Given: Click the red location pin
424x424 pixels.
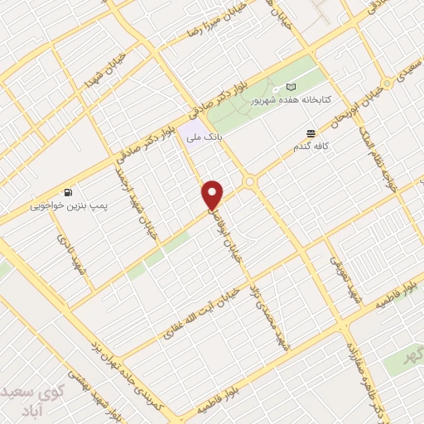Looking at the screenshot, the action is click(213, 194).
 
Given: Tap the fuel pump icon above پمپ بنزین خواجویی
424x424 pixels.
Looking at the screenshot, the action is click(66, 191).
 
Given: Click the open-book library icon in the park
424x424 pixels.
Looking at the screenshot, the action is click(291, 87).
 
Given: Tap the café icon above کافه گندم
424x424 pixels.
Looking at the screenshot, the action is click(311, 133).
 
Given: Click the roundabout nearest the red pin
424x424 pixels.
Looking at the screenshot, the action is click(249, 182).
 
